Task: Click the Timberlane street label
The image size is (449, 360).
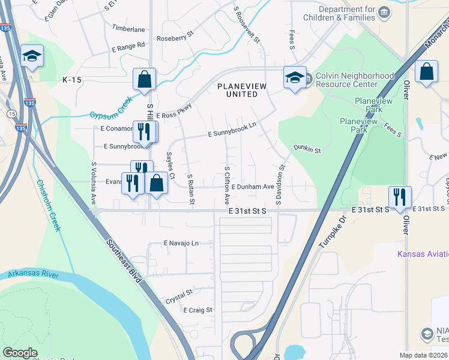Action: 128,28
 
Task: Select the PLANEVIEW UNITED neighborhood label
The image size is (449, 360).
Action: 238,91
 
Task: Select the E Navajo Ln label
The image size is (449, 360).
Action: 181,244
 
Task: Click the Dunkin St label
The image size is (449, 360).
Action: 307,148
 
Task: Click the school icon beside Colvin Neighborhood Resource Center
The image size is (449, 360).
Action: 295,78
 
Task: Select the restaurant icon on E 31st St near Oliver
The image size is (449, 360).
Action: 399,197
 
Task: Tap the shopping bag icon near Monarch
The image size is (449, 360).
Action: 426,71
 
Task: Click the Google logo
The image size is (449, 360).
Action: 20,353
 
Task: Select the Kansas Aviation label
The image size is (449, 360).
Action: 423,254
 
